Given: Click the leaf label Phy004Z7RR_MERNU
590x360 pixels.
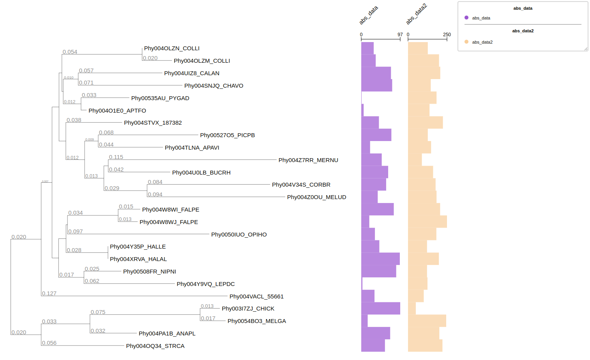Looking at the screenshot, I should click(x=308, y=160).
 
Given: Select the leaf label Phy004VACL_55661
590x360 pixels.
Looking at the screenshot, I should click(x=256, y=296).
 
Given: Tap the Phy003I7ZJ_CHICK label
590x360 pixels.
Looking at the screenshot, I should click(x=248, y=309).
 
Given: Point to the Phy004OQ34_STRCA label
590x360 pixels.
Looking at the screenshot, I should click(x=155, y=346).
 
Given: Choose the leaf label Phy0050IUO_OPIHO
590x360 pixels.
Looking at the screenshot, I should click(x=239, y=235).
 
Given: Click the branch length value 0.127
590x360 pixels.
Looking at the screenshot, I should click(x=49, y=293).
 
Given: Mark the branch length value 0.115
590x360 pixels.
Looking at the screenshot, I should click(x=116, y=157).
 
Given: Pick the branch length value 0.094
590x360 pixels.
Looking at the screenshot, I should click(x=155, y=194).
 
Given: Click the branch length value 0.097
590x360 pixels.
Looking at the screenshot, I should click(x=75, y=231).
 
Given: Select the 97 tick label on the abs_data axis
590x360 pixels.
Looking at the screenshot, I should click(x=400, y=35).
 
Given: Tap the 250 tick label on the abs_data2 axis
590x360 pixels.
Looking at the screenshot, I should click(x=447, y=35).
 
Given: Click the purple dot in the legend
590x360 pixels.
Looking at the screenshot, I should click(x=466, y=18).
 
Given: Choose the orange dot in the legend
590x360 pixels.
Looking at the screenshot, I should click(x=466, y=42).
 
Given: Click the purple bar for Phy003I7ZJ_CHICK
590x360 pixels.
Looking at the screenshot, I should click(x=380, y=308).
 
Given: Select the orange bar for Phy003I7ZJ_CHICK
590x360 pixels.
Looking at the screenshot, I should click(x=412, y=308).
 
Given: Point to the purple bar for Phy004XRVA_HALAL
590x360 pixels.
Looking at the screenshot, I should click(x=380, y=259).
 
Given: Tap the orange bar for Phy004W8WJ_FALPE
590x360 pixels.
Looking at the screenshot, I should click(x=427, y=222).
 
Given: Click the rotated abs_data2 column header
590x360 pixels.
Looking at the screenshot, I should click(x=416, y=14).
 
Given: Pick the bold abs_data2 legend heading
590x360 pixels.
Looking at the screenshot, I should click(x=523, y=31).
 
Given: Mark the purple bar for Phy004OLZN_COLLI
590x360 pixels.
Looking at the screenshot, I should click(x=367, y=48).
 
